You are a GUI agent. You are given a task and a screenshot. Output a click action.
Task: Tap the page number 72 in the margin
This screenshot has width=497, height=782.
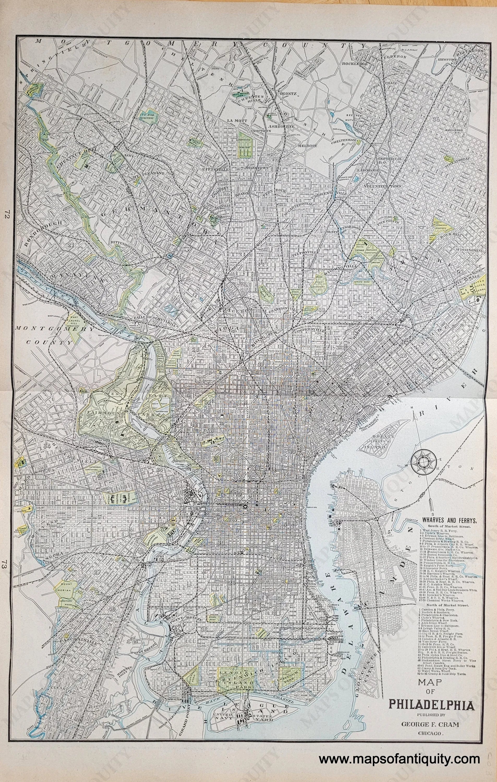pyautogui.click(x=7, y=214)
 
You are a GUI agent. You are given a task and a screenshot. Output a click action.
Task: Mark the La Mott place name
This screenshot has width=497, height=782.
pyautogui.click(x=235, y=120)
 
